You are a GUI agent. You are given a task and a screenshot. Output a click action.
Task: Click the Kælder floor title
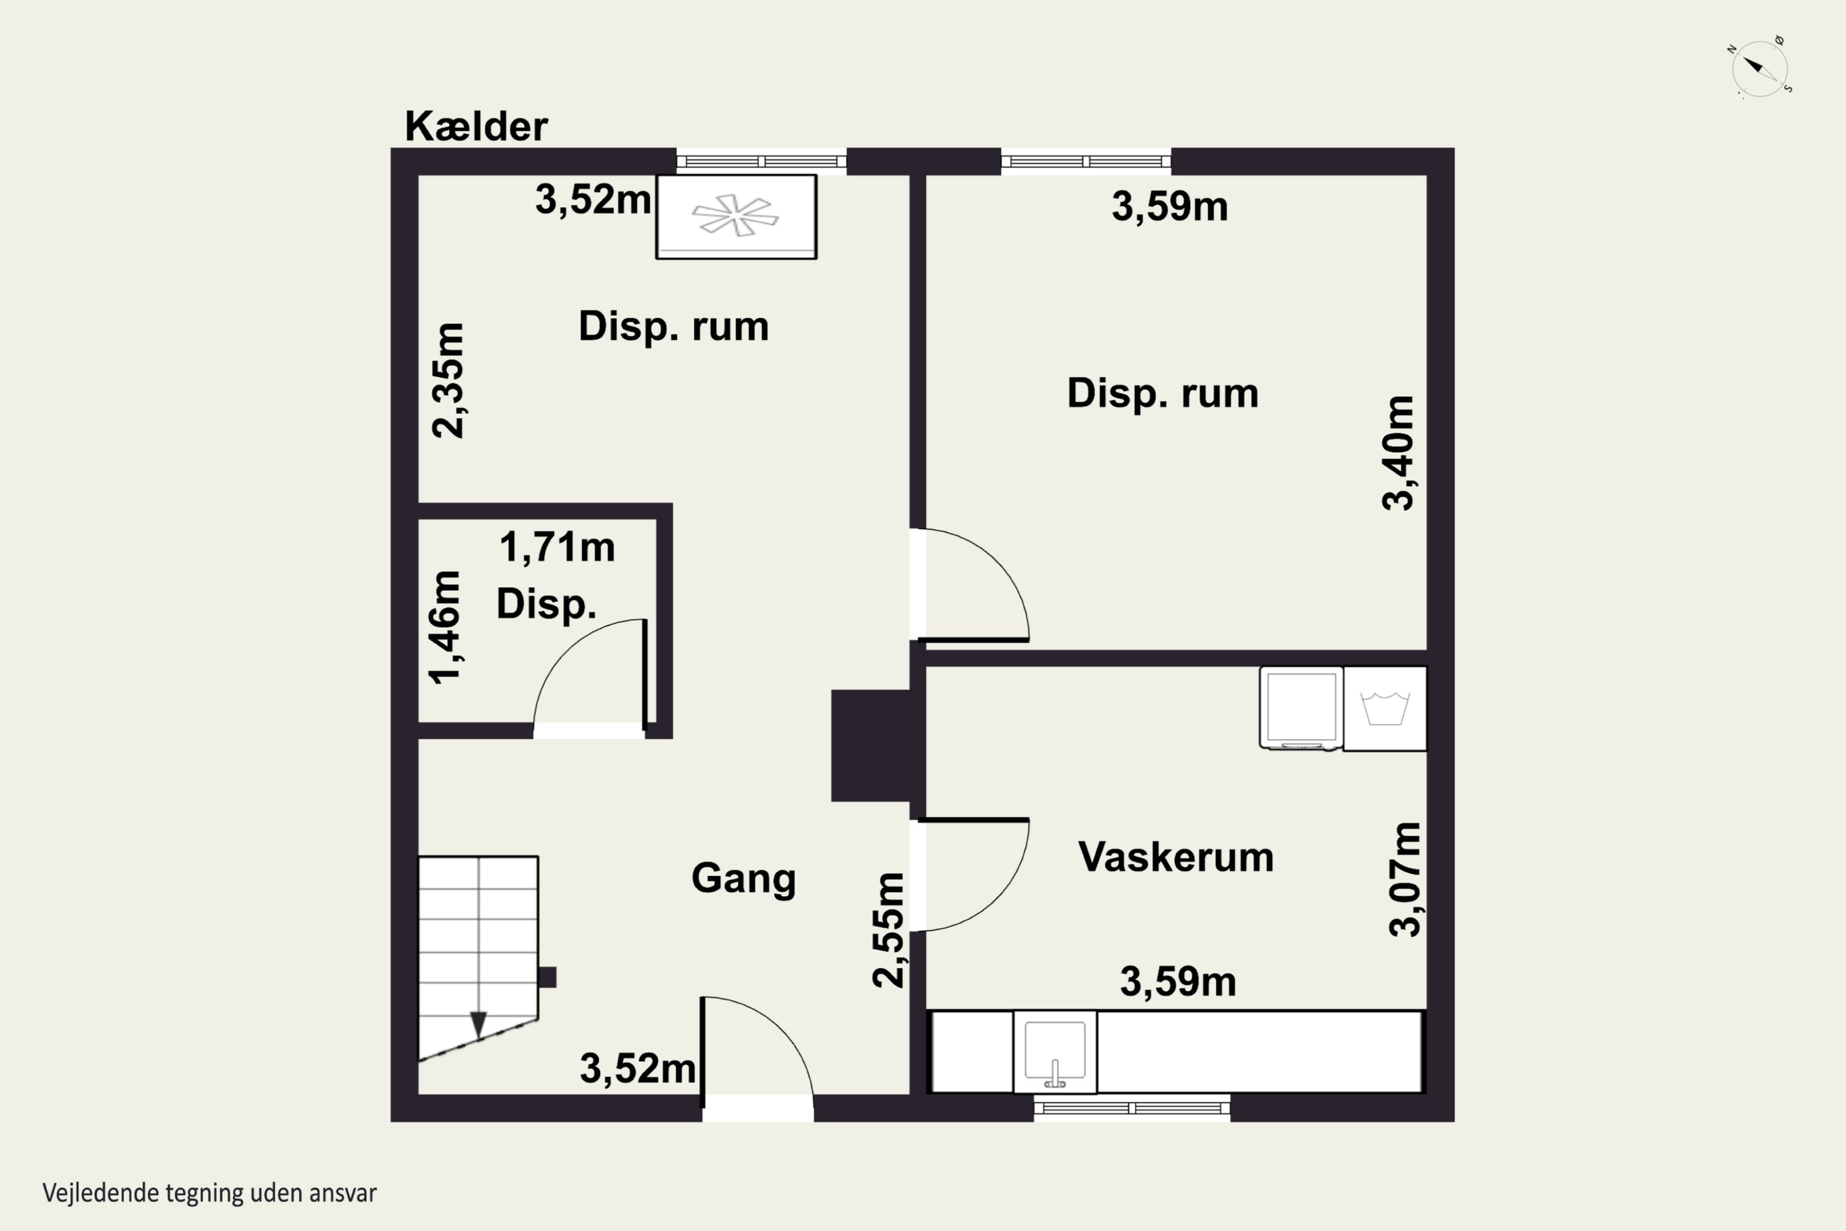tap(476, 126)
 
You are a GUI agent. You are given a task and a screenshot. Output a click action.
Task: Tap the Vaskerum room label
tap(1176, 857)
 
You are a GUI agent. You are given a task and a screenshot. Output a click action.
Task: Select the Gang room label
tap(743, 878)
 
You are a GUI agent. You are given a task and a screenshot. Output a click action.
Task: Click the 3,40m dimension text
tap(1399, 454)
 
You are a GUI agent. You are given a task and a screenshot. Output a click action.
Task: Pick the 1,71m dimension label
tap(557, 547)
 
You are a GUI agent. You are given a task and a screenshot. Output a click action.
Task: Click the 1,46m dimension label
tap(444, 628)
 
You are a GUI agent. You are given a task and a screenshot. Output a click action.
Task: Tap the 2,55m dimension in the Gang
tap(889, 929)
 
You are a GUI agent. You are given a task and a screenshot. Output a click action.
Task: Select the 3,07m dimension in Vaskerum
tap(1405, 880)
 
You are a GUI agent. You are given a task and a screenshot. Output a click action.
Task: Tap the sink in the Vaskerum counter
tap(1055, 1052)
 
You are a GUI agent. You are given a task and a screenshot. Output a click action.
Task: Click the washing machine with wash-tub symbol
tap(1384, 708)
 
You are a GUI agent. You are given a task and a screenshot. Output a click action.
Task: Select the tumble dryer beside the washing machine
tap(1301, 708)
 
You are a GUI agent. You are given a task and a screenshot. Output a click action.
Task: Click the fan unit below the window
tap(736, 217)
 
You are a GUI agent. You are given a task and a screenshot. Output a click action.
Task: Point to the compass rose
tap(1760, 68)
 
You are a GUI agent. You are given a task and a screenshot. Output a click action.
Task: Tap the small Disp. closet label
tap(546, 604)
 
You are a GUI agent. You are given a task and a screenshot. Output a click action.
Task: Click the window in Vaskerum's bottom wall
tap(1132, 1108)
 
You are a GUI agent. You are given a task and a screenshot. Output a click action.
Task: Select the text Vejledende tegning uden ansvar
tap(210, 1193)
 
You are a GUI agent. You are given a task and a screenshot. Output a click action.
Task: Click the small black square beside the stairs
tap(547, 977)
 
